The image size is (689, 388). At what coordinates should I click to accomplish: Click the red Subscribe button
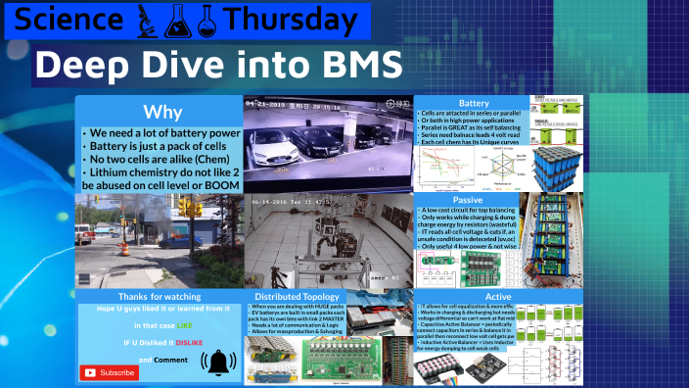(x=110, y=372)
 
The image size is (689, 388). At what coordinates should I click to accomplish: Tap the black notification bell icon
(x=217, y=364)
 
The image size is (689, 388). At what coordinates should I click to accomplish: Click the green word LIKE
(x=185, y=323)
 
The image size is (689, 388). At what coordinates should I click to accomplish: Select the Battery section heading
(x=474, y=103)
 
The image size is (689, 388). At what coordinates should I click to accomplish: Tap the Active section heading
(x=472, y=297)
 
